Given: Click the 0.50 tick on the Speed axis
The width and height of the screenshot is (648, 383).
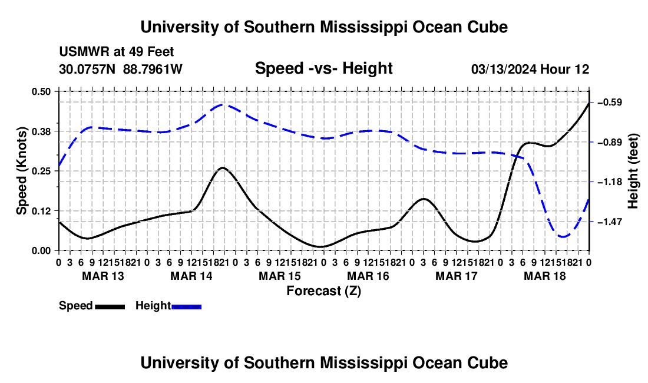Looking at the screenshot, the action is click(41, 91).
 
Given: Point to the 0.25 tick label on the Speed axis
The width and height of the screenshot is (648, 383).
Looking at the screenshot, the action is click(41, 171).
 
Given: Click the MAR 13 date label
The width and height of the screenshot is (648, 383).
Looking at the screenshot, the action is click(103, 276).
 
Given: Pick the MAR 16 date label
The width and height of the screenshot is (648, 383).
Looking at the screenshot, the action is click(368, 276).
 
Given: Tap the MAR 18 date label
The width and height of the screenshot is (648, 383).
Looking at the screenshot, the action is click(545, 276).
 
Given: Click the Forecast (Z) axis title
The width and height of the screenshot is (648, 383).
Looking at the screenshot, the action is click(323, 291).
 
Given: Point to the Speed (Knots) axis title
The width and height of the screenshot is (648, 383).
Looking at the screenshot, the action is click(21, 171).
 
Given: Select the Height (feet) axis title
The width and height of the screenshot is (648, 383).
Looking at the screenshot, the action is click(633, 171).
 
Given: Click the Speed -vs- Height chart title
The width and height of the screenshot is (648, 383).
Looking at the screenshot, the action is click(323, 68).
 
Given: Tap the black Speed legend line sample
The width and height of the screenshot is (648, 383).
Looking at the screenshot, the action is click(110, 306).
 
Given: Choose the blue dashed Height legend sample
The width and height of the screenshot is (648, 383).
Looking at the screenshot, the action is click(186, 306).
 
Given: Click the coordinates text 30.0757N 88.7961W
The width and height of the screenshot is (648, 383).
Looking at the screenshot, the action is click(120, 69).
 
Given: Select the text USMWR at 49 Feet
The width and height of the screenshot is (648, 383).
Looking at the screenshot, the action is click(117, 52).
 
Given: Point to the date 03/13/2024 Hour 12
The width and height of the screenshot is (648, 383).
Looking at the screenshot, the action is click(530, 69).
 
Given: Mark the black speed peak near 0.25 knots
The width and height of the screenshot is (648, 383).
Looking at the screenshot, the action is click(222, 167).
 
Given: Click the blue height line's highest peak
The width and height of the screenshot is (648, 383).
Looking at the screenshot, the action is click(222, 104).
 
